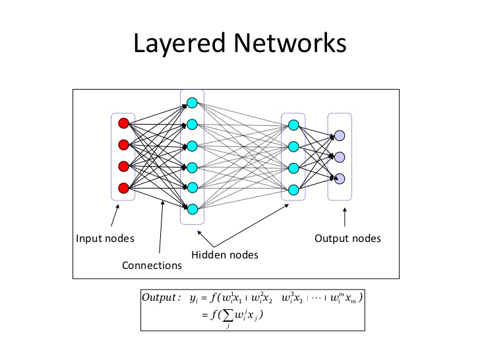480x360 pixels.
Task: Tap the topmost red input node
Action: (x=123, y=123)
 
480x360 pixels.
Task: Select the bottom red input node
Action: (x=123, y=187)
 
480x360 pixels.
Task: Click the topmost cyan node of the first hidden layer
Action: (x=192, y=103)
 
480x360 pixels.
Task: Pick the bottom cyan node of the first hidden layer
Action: (x=192, y=209)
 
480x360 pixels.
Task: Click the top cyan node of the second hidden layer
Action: (x=293, y=124)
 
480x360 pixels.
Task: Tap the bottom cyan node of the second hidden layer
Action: (x=293, y=189)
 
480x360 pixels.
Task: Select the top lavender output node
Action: (x=340, y=135)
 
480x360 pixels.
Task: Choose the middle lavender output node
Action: (x=340, y=157)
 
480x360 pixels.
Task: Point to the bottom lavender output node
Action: (x=340, y=178)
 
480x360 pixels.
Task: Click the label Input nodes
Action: (x=105, y=238)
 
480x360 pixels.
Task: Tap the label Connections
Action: (x=152, y=266)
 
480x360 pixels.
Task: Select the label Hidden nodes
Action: (x=225, y=255)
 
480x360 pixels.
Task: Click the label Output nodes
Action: (x=347, y=238)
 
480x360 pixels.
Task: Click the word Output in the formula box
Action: (x=160, y=297)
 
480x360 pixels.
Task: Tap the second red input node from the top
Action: (x=123, y=144)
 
